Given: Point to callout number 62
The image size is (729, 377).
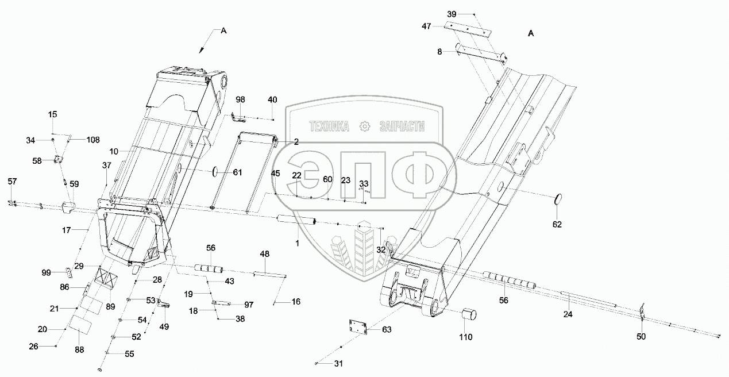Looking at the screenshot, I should click(x=557, y=224).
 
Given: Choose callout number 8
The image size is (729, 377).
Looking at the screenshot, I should click(x=439, y=52).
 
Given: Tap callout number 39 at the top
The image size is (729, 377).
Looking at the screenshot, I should click(x=453, y=14).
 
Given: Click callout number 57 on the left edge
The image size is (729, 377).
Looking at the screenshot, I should click(x=13, y=182).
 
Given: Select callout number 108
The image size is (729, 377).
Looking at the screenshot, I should click(x=92, y=140).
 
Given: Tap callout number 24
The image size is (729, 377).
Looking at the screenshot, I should click(x=568, y=314).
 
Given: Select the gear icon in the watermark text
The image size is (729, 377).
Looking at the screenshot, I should click(x=364, y=126).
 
